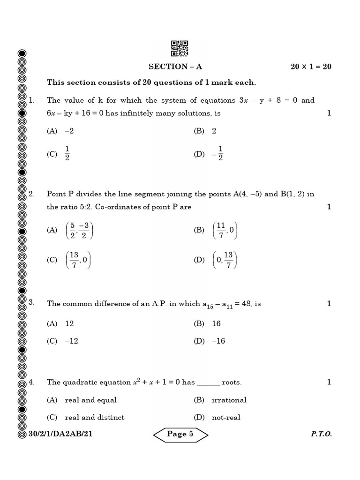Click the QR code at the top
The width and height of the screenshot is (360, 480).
[180, 48]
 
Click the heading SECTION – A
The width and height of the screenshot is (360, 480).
[175, 67]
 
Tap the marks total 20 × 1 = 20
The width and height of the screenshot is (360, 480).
[311, 67]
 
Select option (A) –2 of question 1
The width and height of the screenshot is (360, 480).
[60, 131]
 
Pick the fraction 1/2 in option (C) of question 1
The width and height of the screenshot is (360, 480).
[67, 153]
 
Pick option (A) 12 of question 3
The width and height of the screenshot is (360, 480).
[61, 323]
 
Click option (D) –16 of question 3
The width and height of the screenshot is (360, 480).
[209, 341]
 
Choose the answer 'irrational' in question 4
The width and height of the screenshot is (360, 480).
[229, 400]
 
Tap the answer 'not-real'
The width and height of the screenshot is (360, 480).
[226, 417]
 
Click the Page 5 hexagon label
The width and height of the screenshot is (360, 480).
[180, 434]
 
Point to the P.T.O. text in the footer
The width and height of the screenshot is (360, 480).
[321, 434]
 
